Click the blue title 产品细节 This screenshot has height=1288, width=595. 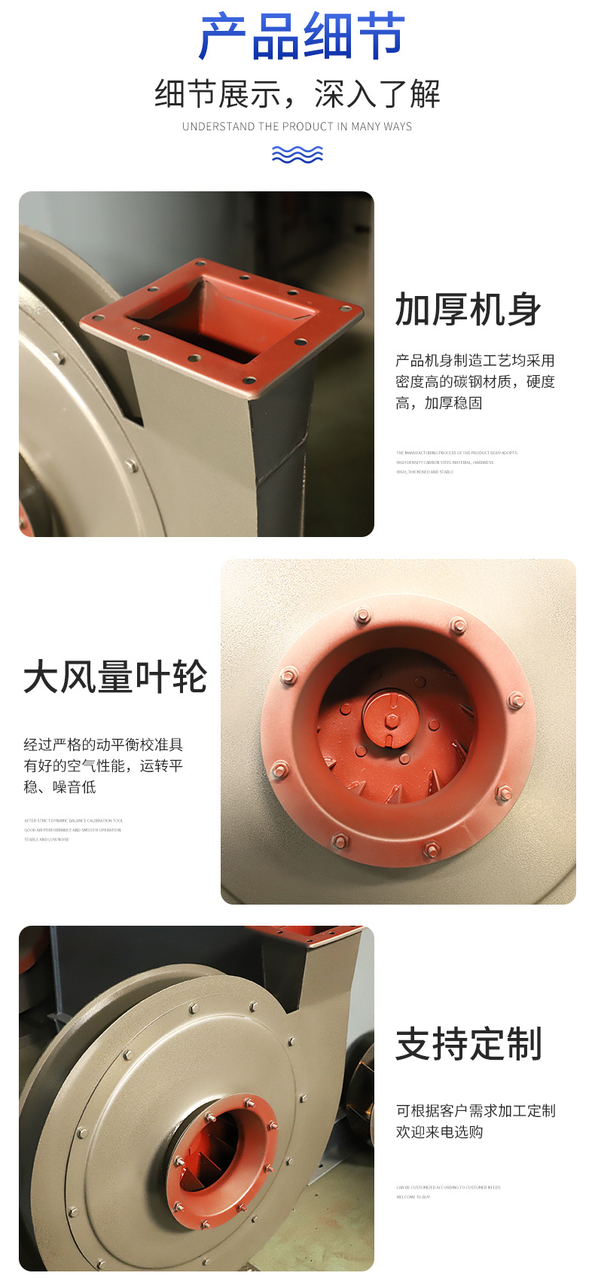point(301,36)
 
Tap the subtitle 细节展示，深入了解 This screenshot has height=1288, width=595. point(297,94)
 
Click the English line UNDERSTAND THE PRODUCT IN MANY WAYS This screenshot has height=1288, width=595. point(297,127)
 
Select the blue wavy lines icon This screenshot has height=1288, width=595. point(297,154)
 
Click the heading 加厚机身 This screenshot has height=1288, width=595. point(468,310)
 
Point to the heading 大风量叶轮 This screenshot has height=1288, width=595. point(115,676)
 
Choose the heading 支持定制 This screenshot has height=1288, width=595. point(468,1044)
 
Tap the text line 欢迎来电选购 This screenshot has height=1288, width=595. point(439,1132)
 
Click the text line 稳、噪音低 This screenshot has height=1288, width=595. point(59,787)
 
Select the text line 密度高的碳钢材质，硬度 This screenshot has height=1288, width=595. point(474,382)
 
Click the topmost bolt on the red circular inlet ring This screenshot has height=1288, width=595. point(362,616)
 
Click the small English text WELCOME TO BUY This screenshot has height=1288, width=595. point(413,1197)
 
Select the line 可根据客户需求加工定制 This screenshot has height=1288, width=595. point(475,1111)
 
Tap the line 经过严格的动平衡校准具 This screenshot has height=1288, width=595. point(103,745)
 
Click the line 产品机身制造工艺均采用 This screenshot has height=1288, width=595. point(474,361)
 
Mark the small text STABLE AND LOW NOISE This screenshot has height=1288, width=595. point(47,839)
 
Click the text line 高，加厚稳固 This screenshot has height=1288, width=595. point(438,403)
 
